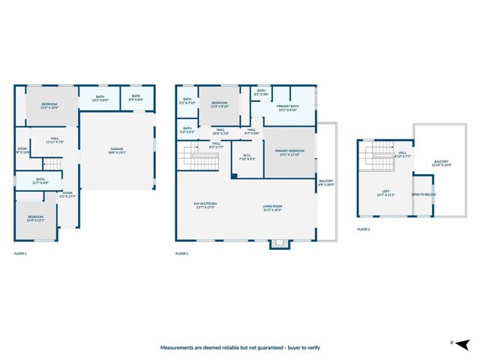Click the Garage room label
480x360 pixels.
117,151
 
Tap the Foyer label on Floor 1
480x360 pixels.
68,194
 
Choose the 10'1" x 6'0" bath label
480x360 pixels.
100,98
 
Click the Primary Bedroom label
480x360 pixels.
289,152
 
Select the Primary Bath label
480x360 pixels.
289,107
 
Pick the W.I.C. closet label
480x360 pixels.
247,158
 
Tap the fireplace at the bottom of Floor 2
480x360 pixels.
279,244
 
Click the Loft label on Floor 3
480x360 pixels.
385,193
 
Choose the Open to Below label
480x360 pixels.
422,195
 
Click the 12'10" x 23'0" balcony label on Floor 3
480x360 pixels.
442,163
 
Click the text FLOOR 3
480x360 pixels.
364,229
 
